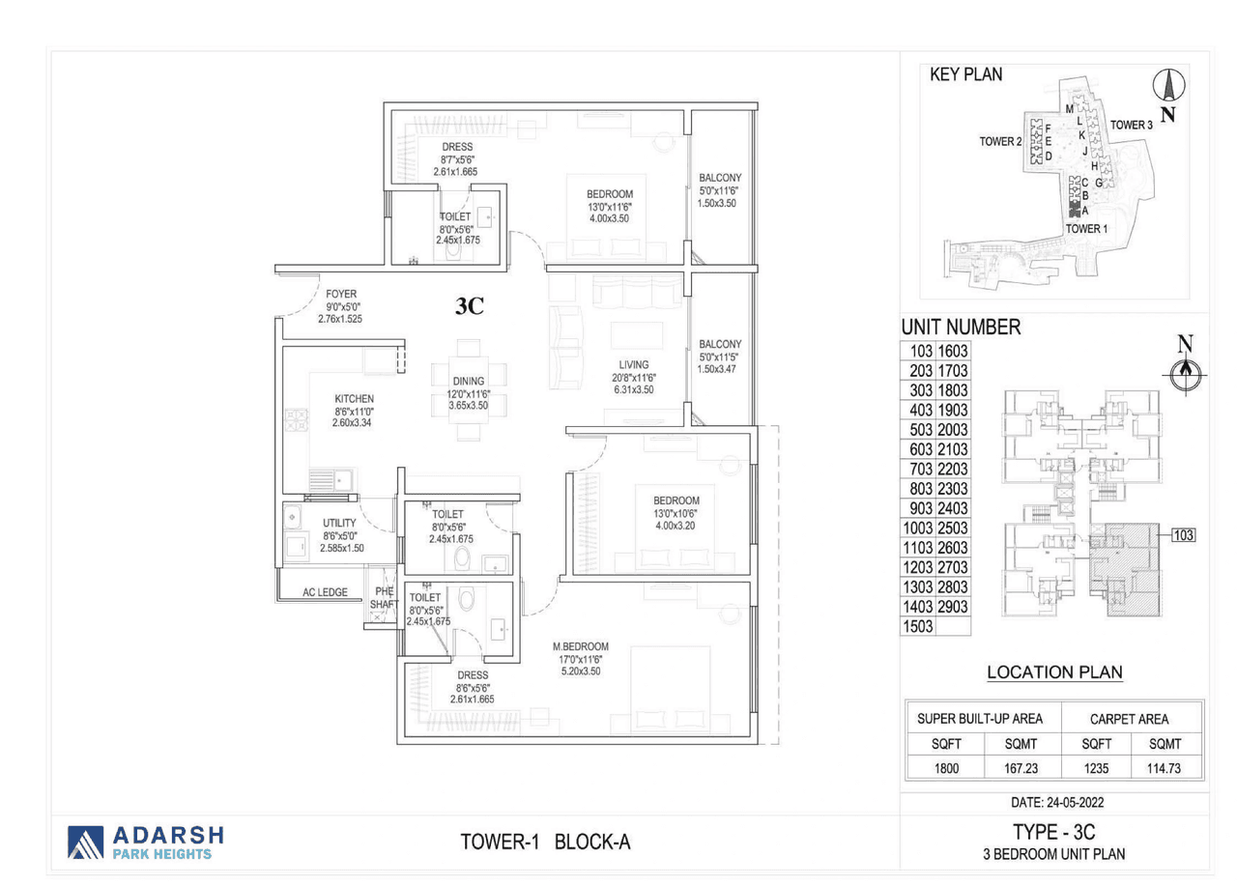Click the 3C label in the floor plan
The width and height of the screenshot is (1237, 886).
(x=470, y=307)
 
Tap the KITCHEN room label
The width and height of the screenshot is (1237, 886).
(x=354, y=398)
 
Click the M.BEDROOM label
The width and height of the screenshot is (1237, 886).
(x=580, y=646)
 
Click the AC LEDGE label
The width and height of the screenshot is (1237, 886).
(x=325, y=592)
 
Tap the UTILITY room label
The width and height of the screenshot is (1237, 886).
(x=339, y=523)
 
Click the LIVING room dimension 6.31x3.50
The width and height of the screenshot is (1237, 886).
(x=634, y=390)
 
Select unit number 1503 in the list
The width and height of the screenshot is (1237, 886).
(x=918, y=626)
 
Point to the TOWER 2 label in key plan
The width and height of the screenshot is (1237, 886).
(x=1000, y=141)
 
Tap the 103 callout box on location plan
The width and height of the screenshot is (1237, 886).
(x=1183, y=534)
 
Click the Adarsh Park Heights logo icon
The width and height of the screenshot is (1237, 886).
(x=85, y=843)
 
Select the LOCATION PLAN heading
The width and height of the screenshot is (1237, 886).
(x=1054, y=672)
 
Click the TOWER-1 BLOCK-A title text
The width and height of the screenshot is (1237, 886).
(x=545, y=843)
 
